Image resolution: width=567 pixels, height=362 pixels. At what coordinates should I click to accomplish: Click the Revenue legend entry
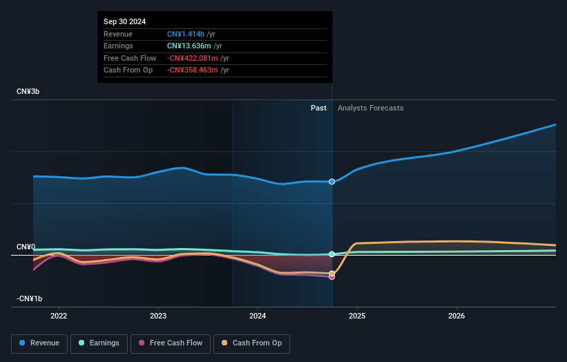click(x=39, y=343)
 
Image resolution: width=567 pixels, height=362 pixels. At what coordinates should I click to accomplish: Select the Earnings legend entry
click(x=99, y=343)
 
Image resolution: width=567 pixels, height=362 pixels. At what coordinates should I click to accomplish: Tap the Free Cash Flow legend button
click(x=170, y=343)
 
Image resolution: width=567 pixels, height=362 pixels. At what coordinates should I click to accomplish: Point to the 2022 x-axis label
click(x=59, y=316)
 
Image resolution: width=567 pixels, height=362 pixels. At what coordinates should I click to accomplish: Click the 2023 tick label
click(x=158, y=316)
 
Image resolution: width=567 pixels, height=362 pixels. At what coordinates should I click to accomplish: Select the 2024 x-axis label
click(x=258, y=316)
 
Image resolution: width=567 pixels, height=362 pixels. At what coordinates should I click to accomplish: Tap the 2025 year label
click(x=357, y=316)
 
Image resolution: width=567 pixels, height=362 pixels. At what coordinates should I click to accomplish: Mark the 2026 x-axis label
click(x=457, y=316)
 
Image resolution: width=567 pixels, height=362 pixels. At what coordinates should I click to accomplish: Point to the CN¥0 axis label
click(x=26, y=247)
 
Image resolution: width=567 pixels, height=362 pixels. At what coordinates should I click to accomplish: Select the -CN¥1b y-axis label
click(x=30, y=298)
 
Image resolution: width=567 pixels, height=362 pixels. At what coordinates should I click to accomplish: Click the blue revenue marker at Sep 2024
click(x=332, y=182)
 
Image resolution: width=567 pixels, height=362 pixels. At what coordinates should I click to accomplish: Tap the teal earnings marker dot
click(x=332, y=254)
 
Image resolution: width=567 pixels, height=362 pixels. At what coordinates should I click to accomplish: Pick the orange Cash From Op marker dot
click(x=332, y=274)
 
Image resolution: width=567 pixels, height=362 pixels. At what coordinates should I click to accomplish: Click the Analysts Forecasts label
click(x=370, y=108)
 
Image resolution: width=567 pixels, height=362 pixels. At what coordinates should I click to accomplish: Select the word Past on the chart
click(x=318, y=108)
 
